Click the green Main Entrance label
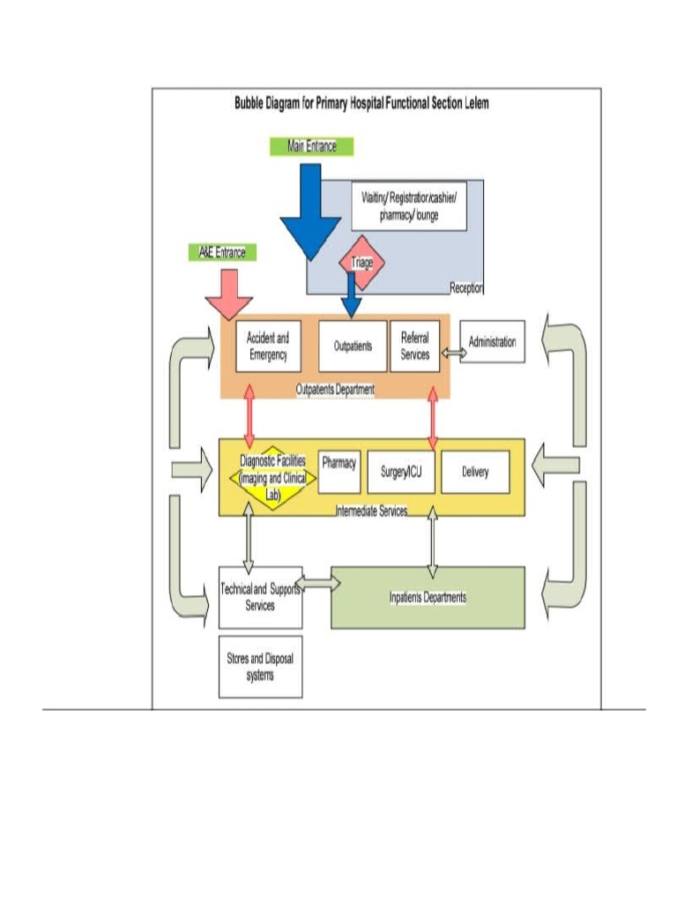[x=312, y=146]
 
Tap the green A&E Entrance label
[x=219, y=252]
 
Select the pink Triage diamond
[x=362, y=261]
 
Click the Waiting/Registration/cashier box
[x=408, y=206]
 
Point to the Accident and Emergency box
[x=268, y=346]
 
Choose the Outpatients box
[x=352, y=346]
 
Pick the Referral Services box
[x=414, y=346]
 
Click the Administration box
[x=492, y=342]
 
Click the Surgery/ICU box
[x=401, y=472]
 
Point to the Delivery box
[x=475, y=472]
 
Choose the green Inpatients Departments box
[x=428, y=597]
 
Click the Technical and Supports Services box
[x=260, y=597]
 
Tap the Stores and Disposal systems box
[x=260, y=667]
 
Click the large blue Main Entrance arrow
[x=309, y=212]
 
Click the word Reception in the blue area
[x=466, y=287]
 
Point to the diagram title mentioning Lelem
[x=361, y=103]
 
